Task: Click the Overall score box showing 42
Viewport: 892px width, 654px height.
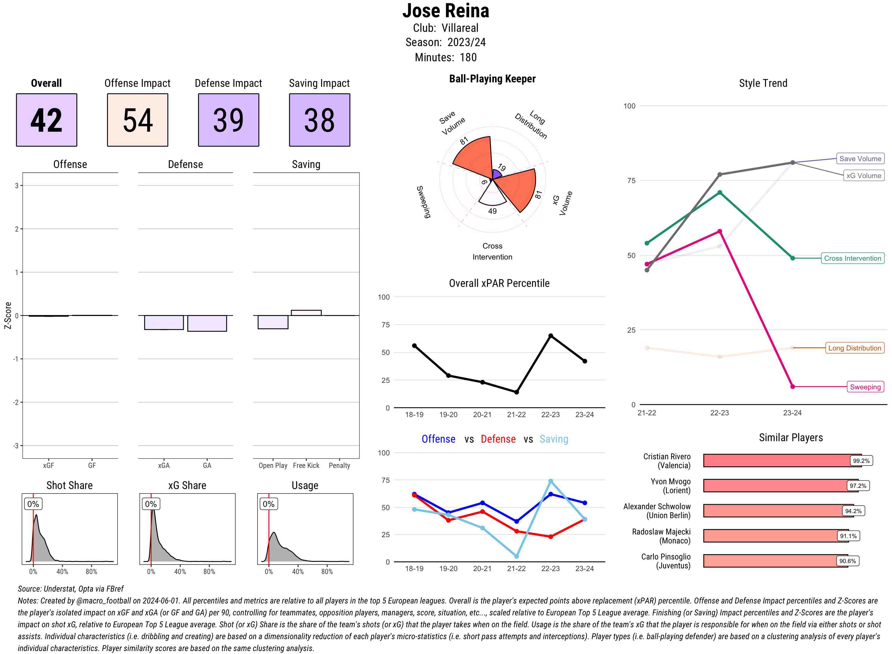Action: coord(46,120)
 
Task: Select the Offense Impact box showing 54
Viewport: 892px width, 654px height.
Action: coord(137,120)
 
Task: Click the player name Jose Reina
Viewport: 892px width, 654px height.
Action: coord(445,11)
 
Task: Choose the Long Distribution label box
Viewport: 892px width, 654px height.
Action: coord(855,348)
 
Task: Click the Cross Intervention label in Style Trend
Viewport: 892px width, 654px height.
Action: coord(852,258)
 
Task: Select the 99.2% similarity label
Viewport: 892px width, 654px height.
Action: coord(861,461)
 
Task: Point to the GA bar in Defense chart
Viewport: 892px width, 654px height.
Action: coord(207,323)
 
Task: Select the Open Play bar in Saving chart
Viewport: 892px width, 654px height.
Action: coord(273,322)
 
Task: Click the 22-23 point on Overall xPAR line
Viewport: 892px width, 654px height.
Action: coord(550,336)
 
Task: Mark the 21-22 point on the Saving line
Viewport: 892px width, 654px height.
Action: coord(516,556)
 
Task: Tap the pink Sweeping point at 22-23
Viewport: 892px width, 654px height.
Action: coord(719,231)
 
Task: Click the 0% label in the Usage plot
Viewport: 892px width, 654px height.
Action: coord(268,504)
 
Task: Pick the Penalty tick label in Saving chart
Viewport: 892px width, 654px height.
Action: coord(339,466)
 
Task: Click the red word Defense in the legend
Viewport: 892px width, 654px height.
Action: coord(498,439)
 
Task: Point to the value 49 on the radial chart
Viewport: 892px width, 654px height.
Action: coord(492,211)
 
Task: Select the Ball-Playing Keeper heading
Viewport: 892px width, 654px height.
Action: coord(492,79)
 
